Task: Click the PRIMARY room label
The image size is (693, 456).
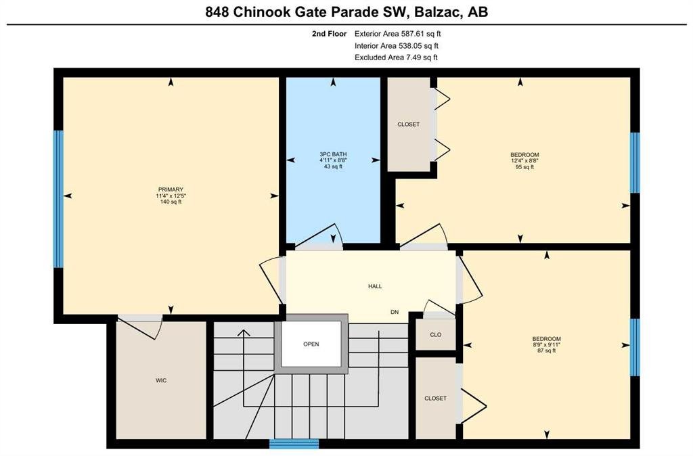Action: pyautogui.click(x=171, y=189)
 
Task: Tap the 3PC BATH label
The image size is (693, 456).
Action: pyautogui.click(x=333, y=154)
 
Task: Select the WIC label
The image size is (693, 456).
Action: pyautogui.click(x=161, y=380)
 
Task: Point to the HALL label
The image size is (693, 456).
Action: pyautogui.click(x=375, y=286)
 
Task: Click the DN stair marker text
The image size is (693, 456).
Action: pyautogui.click(x=395, y=312)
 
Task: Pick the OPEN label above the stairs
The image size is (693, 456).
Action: pyautogui.click(x=311, y=344)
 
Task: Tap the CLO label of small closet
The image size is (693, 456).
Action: pyautogui.click(x=436, y=334)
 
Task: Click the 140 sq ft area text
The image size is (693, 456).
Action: pyautogui.click(x=171, y=202)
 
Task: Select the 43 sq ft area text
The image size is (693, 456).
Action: pyautogui.click(x=333, y=166)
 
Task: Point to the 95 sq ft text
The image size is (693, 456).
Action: pyautogui.click(x=524, y=167)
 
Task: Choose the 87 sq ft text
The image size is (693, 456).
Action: pyautogui.click(x=547, y=351)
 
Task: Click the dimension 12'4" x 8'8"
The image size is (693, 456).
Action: pyautogui.click(x=524, y=161)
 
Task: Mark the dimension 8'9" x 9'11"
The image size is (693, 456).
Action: pyautogui.click(x=547, y=344)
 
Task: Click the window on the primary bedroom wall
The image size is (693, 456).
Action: pyautogui.click(x=58, y=199)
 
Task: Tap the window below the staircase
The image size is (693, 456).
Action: pyautogui.click(x=294, y=444)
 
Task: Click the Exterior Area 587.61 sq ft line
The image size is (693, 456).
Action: pyautogui.click(x=398, y=34)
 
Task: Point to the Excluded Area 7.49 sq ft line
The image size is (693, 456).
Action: pyautogui.click(x=396, y=58)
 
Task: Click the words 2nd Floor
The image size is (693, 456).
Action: pyautogui.click(x=330, y=34)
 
